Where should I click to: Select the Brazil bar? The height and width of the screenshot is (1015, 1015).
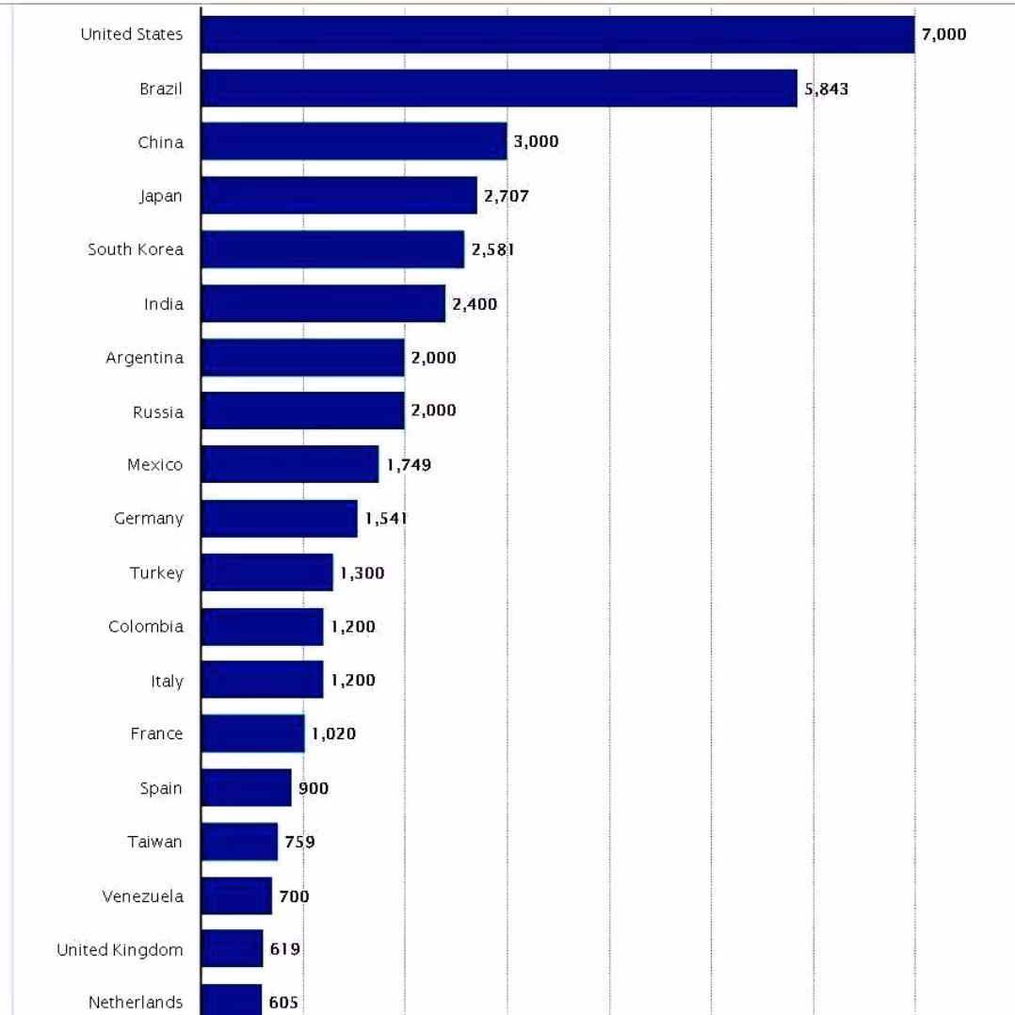tap(499, 89)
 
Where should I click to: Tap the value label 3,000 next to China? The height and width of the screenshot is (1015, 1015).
tap(536, 142)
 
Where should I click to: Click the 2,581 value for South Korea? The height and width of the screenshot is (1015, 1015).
tap(492, 250)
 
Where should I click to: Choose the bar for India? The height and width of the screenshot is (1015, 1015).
tap(323, 304)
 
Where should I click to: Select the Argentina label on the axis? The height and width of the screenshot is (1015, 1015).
tap(144, 359)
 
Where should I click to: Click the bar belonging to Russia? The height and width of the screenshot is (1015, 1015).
tap(302, 411)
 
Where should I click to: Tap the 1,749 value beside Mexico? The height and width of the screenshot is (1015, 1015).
tap(409, 465)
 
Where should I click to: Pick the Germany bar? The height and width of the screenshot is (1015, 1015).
tap(279, 519)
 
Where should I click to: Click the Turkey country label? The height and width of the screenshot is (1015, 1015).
tap(156, 573)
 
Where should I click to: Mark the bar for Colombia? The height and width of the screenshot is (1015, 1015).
tap(262, 627)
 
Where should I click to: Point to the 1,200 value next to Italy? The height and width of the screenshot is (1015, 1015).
tap(353, 681)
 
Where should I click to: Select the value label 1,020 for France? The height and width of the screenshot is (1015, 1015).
tap(334, 734)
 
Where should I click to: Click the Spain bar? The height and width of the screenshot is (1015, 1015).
tap(246, 788)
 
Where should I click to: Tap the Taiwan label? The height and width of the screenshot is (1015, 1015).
tap(154, 843)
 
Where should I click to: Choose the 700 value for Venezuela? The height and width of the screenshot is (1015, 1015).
tap(295, 896)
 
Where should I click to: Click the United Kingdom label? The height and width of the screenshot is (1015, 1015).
tap(120, 950)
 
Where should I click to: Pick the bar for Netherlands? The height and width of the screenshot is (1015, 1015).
tap(231, 1000)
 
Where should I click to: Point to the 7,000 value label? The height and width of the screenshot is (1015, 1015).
tap(944, 35)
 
